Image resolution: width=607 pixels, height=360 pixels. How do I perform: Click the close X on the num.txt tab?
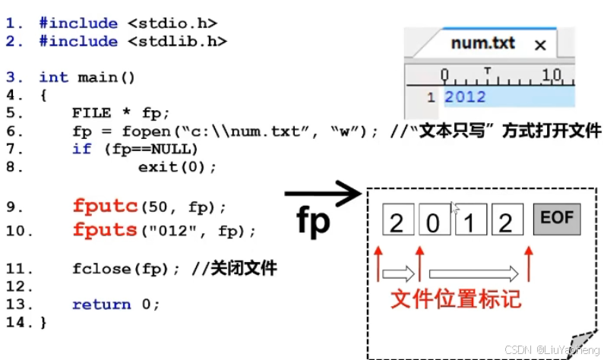540,46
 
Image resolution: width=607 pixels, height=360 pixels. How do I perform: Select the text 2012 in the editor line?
465,96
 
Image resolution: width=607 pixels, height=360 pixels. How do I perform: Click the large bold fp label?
313,221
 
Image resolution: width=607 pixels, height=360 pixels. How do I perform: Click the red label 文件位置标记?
456,298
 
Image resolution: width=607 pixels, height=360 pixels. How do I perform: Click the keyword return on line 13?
101,305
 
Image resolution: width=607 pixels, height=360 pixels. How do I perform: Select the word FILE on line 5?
89,112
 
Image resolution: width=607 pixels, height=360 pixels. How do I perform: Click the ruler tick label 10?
552,74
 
